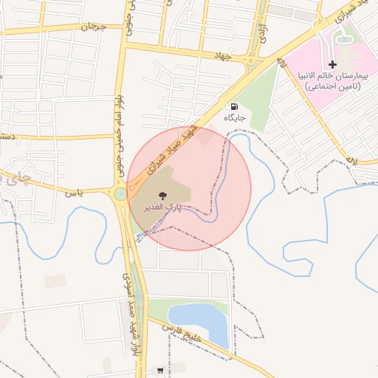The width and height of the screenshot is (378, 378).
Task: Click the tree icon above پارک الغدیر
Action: (163, 196)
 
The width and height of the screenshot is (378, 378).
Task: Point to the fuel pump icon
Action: (234, 106)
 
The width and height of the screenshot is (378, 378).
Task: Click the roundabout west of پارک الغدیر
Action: (120, 195)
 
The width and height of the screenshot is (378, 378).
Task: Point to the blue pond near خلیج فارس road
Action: (196, 317)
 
